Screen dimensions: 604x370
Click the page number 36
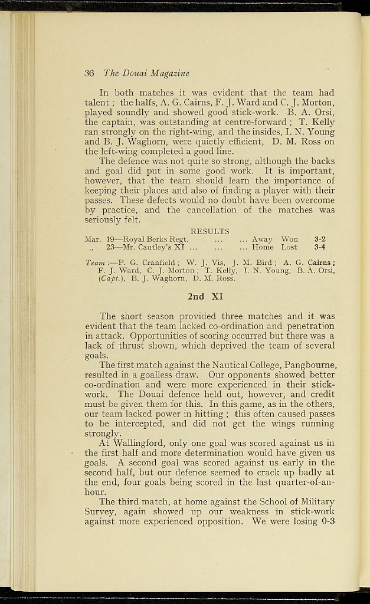pyautogui.click(x=90, y=74)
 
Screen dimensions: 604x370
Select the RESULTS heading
pyautogui.click(x=209, y=231)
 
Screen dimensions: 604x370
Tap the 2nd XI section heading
pyautogui.click(x=205, y=297)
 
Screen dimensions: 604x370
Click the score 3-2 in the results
pyautogui.click(x=320, y=239)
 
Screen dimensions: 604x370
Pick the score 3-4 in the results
pyautogui.click(x=320, y=248)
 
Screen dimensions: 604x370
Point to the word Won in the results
pyautogui.click(x=289, y=239)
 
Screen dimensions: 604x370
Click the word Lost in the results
pyautogui.click(x=289, y=248)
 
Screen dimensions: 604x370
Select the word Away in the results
pyautogui.click(x=262, y=239)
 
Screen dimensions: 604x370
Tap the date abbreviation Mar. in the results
pyautogui.click(x=93, y=239)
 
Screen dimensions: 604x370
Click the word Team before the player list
pyautogui.click(x=96, y=262)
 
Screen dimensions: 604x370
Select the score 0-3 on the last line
pyautogui.click(x=326, y=521)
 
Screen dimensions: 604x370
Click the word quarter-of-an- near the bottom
pyautogui.click(x=303, y=482)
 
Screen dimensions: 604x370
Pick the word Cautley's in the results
pyautogui.click(x=155, y=248)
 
